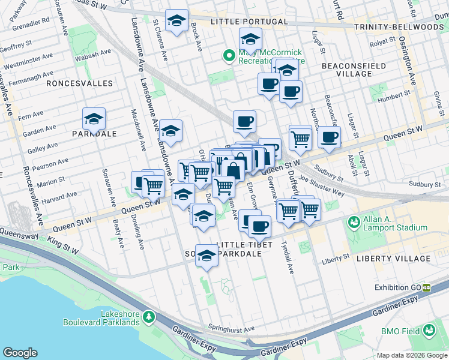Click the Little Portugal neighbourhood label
[249, 22]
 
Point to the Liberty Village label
[393, 259]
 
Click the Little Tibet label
[238, 244]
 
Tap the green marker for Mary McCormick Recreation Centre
[228, 56]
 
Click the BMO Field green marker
[429, 330]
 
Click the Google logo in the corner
[20, 353]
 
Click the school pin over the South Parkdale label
[206, 256]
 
